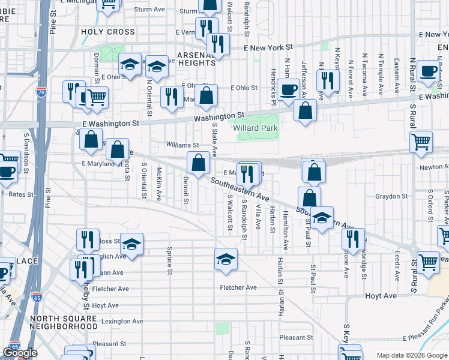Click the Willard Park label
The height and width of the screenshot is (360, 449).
252,127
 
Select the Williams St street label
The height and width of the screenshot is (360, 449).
182,145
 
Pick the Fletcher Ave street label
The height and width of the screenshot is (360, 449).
238,287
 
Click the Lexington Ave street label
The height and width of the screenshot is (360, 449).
124,322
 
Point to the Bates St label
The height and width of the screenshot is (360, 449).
21,194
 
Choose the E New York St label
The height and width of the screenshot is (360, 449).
268,47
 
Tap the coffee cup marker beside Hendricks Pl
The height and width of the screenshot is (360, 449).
288,90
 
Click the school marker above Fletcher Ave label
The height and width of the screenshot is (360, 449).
226,259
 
